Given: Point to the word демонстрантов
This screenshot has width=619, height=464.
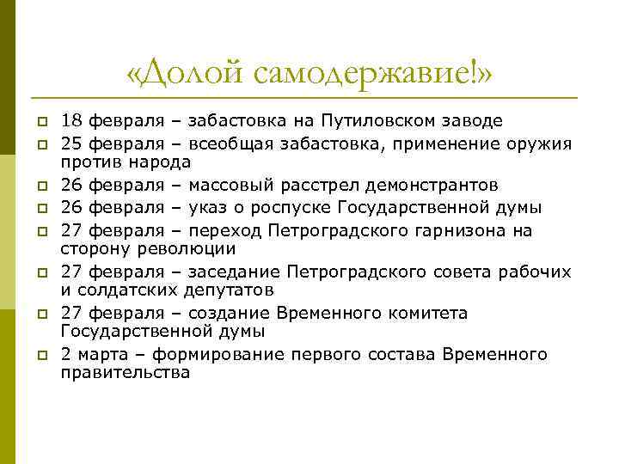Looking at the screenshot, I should click(x=430, y=186).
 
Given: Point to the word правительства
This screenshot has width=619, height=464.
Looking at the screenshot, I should click(x=125, y=374).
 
